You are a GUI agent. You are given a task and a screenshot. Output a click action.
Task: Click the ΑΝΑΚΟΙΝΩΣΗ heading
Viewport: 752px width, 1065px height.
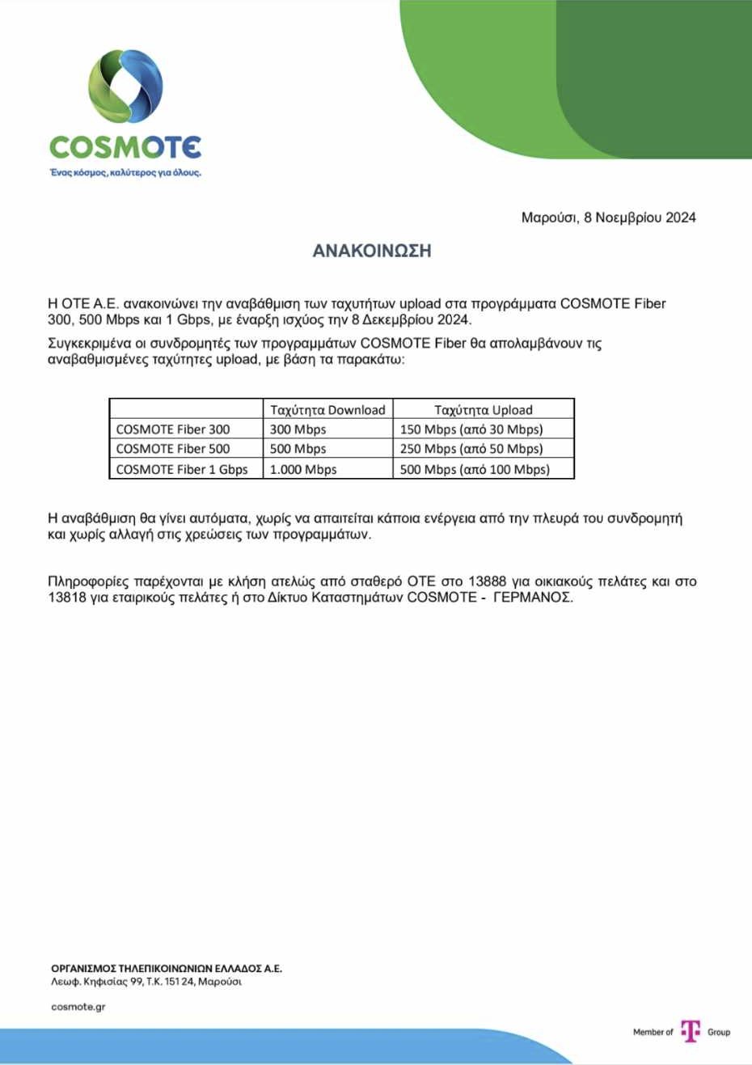pyautogui.click(x=372, y=251)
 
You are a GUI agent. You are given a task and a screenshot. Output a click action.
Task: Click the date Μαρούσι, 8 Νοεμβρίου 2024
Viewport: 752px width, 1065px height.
pyautogui.click(x=608, y=218)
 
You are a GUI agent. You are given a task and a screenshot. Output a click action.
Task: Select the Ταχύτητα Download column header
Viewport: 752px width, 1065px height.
pyautogui.click(x=327, y=409)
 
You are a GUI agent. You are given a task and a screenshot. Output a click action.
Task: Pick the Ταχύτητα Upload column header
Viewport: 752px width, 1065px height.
pyautogui.click(x=484, y=409)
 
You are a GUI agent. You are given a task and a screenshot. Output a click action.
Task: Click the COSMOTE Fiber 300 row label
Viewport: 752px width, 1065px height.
pyautogui.click(x=173, y=429)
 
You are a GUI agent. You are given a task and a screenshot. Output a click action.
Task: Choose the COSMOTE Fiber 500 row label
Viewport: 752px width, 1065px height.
pyautogui.click(x=173, y=449)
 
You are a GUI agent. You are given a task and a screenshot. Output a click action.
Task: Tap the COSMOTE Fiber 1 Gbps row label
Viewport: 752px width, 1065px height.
pyautogui.click(x=182, y=469)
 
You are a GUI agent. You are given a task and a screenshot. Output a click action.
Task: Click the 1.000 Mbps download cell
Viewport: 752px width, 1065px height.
pyautogui.click(x=303, y=469)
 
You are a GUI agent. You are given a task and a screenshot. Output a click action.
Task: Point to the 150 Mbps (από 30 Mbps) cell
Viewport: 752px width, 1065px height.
pyautogui.click(x=471, y=429)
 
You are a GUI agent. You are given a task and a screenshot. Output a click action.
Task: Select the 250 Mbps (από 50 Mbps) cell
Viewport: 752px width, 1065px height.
pyautogui.click(x=471, y=449)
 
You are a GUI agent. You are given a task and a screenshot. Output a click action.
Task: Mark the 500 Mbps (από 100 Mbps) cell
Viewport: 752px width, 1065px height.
pyautogui.click(x=475, y=469)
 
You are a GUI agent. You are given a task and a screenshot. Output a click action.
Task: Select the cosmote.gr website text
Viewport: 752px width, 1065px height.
pyautogui.click(x=78, y=1007)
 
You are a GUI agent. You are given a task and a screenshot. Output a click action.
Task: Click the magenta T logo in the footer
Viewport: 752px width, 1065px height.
pyautogui.click(x=690, y=1031)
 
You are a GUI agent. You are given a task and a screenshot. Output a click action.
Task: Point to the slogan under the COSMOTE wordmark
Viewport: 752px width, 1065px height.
pyautogui.click(x=125, y=172)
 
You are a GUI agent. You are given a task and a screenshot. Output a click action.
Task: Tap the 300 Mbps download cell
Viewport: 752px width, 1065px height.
pyautogui.click(x=298, y=429)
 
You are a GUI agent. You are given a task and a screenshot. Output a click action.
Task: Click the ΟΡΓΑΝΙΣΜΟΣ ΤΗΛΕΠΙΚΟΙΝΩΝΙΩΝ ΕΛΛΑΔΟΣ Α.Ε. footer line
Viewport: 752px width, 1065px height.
pyautogui.click(x=167, y=968)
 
